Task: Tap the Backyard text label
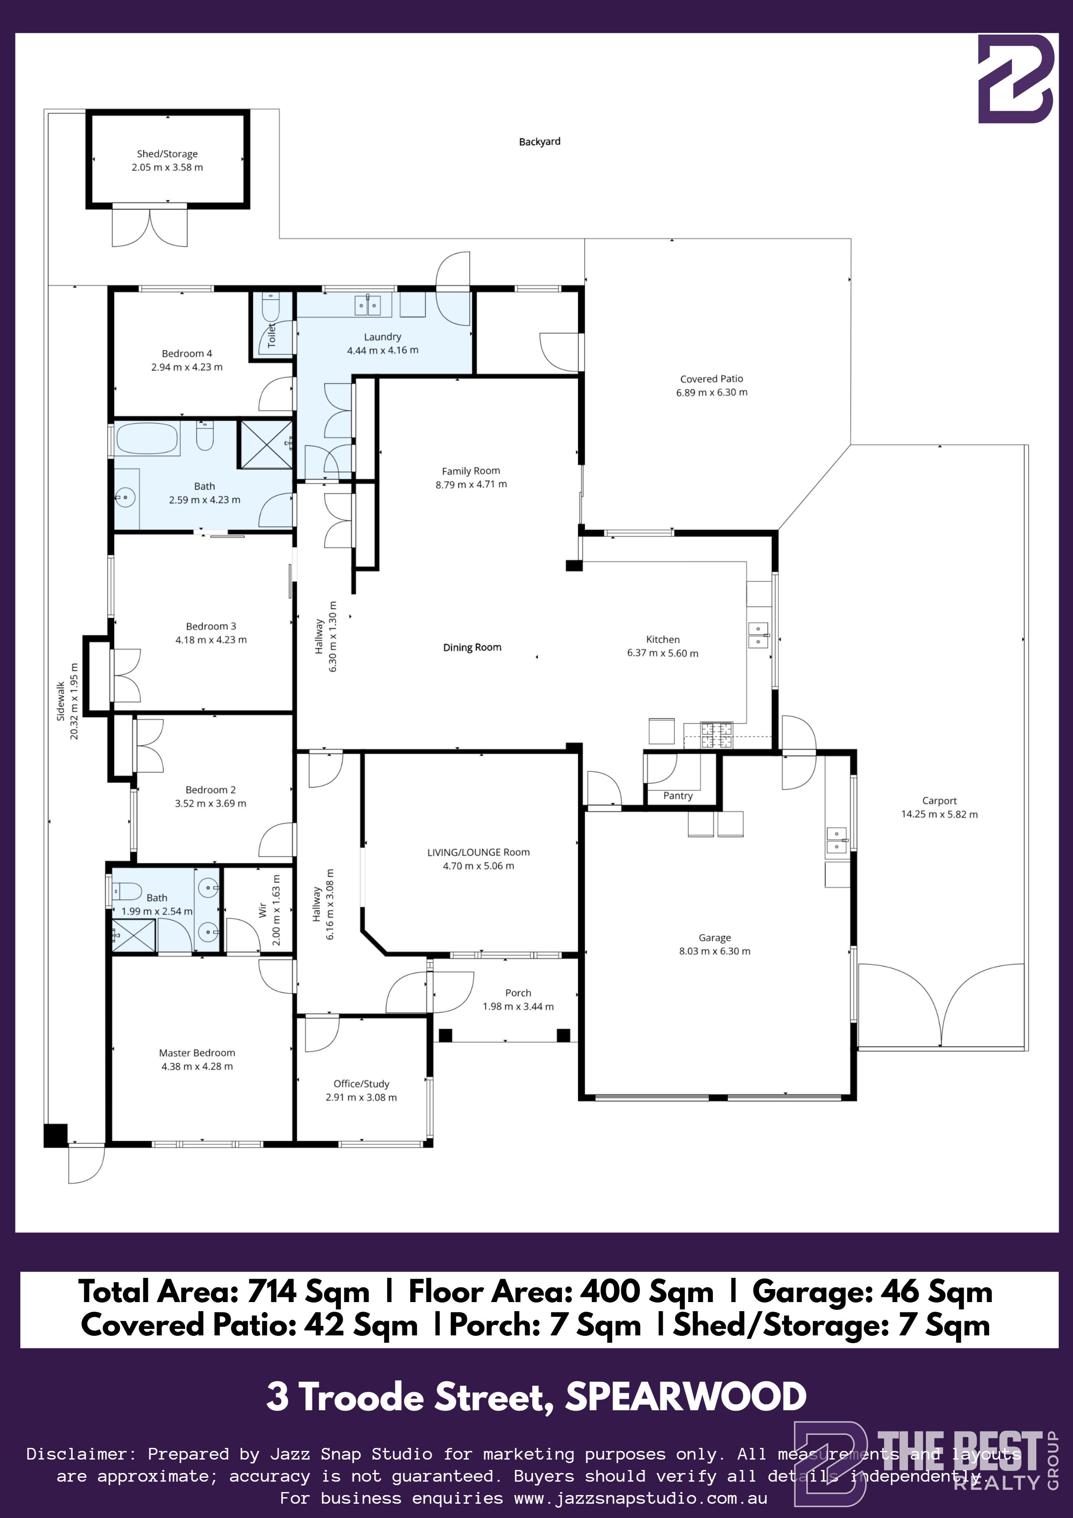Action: click(x=540, y=142)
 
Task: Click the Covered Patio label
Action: click(x=711, y=379)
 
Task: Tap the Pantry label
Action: click(x=678, y=795)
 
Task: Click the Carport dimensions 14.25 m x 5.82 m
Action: click(x=939, y=814)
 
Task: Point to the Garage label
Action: click(x=715, y=938)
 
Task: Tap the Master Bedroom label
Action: click(x=197, y=1052)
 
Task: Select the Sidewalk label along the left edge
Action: click(x=61, y=701)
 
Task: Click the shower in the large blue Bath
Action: click(x=266, y=444)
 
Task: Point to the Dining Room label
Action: click(x=472, y=647)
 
